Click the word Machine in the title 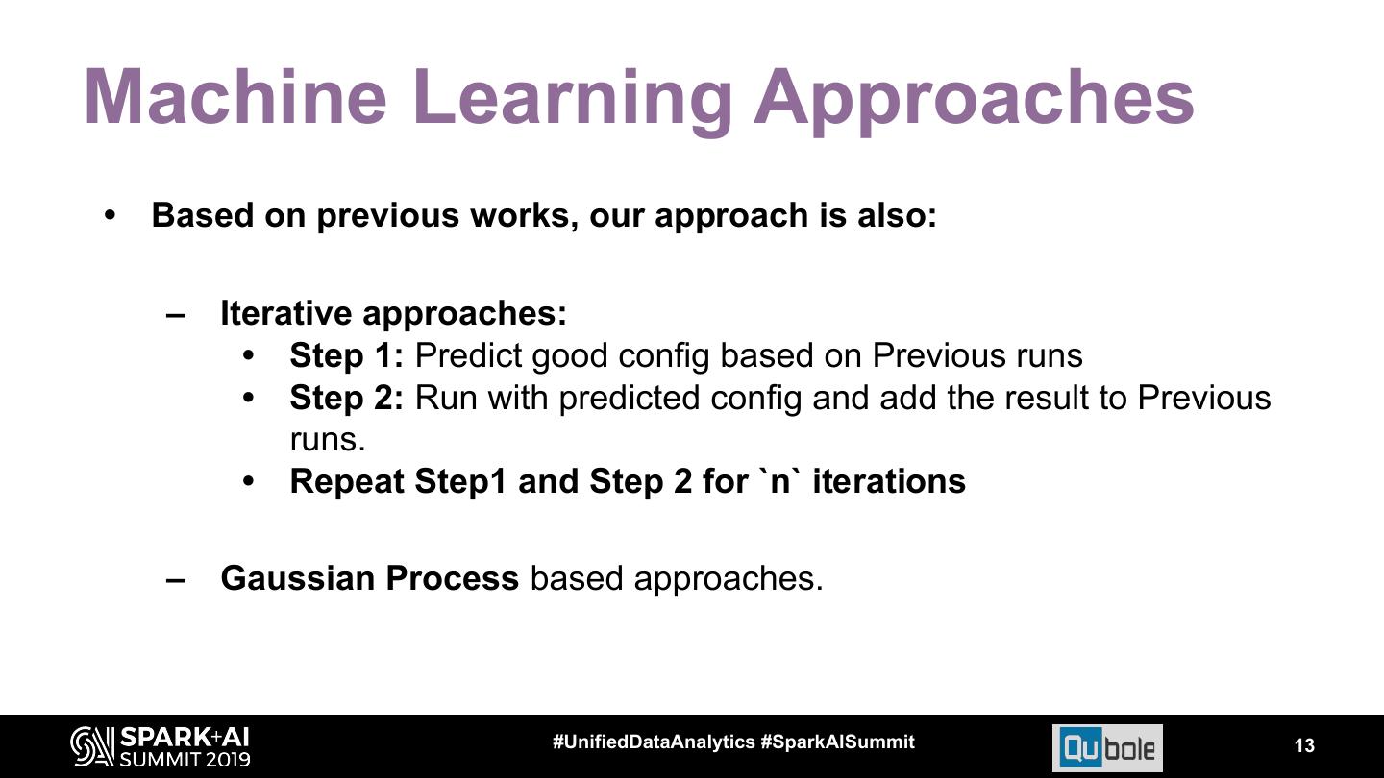click(x=235, y=97)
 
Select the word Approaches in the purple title click(x=974, y=97)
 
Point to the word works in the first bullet click(x=523, y=215)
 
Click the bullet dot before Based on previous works click(x=110, y=215)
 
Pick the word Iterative click(x=286, y=313)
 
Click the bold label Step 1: click(x=347, y=355)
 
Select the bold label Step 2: click(x=347, y=398)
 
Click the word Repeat click(x=347, y=480)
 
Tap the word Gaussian click(x=298, y=578)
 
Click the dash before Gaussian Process click(x=176, y=579)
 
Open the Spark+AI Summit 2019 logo click(x=160, y=746)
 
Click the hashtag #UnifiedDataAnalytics click(x=654, y=742)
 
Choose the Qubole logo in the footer click(x=1107, y=747)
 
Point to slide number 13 click(x=1304, y=746)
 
